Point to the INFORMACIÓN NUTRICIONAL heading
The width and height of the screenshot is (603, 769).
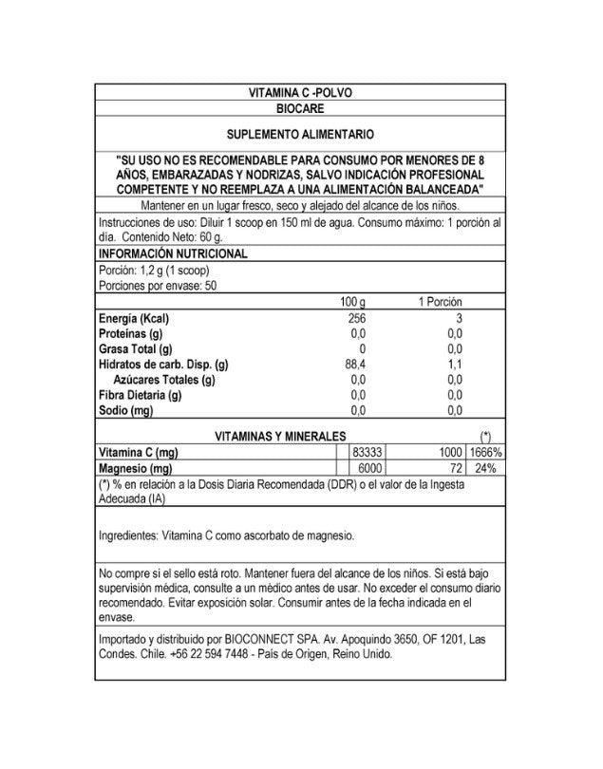tap(173, 253)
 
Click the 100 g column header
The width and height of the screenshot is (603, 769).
tap(352, 301)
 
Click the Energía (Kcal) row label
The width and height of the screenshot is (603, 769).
tap(141, 318)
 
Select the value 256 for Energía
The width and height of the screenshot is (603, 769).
tap(356, 318)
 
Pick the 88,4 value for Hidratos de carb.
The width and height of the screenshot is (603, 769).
tap(356, 364)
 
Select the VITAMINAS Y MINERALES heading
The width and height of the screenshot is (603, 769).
tap(278, 436)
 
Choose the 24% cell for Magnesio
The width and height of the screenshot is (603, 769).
tap(484, 469)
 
